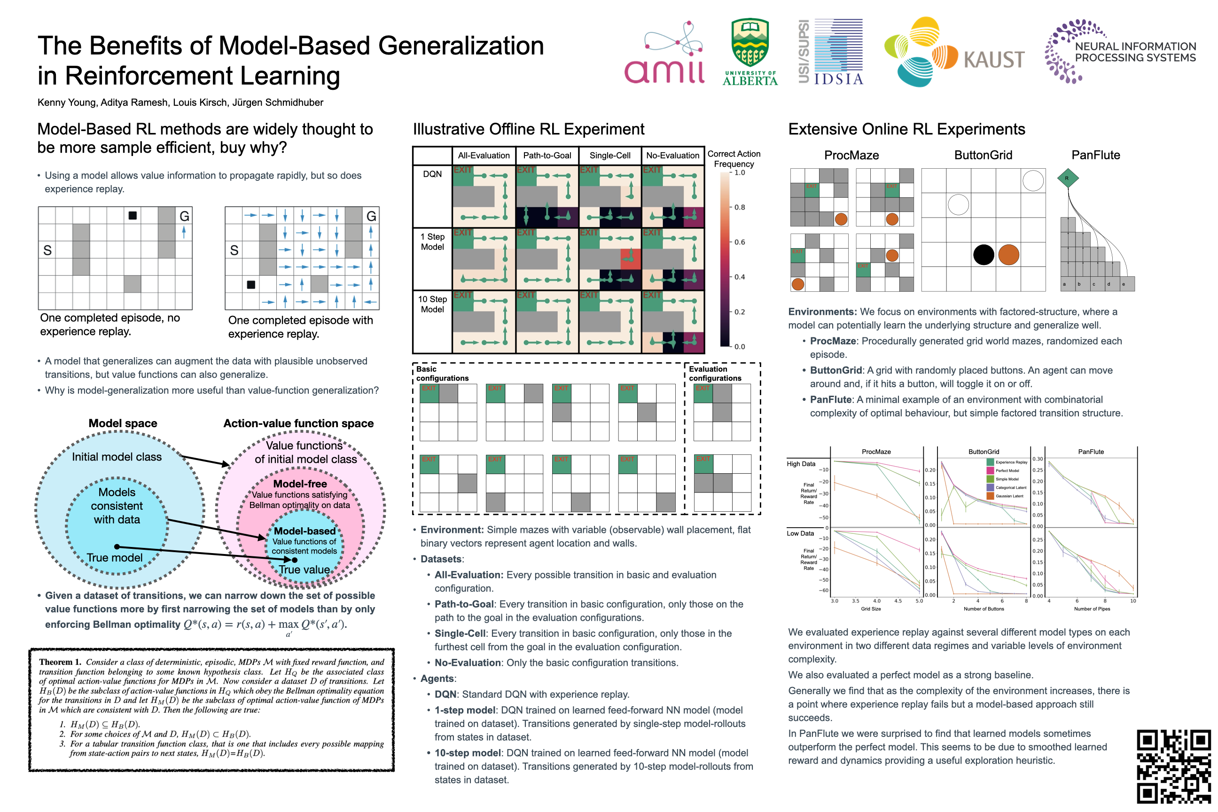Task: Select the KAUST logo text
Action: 994,60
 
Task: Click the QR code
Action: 1173,766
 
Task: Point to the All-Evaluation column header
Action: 484,156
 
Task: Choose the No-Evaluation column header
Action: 672,156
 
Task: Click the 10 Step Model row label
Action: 432,304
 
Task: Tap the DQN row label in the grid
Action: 432,174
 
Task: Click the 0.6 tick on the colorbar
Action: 740,242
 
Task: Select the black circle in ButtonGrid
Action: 984,255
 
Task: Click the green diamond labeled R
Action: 1067,178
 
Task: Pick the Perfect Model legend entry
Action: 1007,471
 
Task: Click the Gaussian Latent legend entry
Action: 1009,496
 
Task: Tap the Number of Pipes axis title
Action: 1092,609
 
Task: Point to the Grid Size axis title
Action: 871,609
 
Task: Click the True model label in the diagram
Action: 115,558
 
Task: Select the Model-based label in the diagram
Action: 304,531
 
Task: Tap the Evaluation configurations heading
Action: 715,374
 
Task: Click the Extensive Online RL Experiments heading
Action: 906,129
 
